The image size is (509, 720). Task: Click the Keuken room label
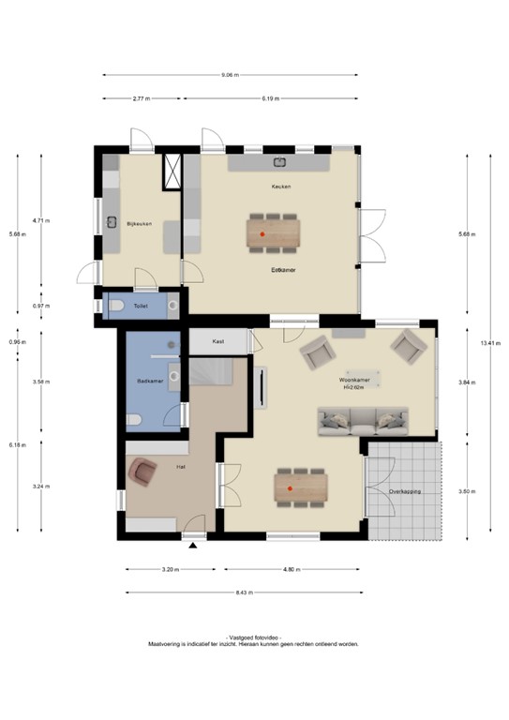[x=281, y=187]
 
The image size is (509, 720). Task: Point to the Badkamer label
[x=149, y=382]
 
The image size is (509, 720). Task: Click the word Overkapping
[x=405, y=490]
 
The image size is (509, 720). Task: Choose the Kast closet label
[x=218, y=341]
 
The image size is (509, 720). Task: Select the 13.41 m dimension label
[x=487, y=343]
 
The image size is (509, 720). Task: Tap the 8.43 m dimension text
[x=242, y=592]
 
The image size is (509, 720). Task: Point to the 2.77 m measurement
[x=142, y=97]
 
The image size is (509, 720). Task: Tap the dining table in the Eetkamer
[x=274, y=232]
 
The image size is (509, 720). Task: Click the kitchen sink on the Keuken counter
[x=279, y=162]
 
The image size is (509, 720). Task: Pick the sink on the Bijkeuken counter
[x=112, y=222]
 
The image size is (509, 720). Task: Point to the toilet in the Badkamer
[x=134, y=419]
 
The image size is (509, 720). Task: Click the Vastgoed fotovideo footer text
[x=253, y=637]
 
